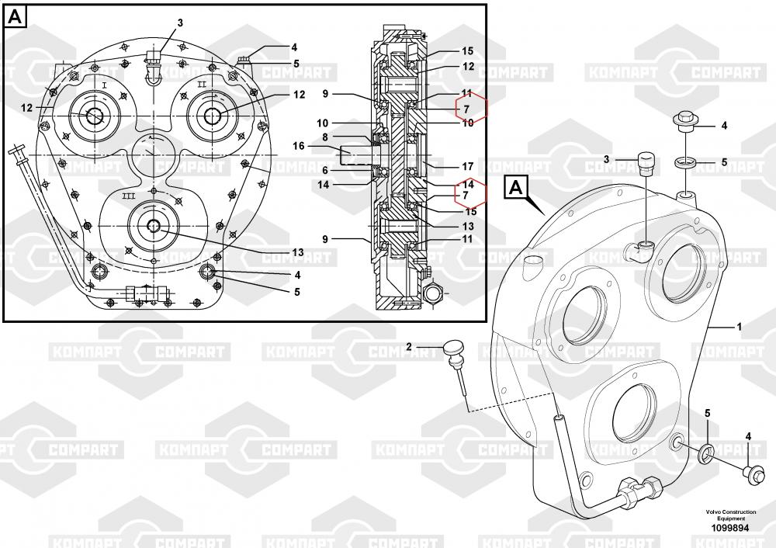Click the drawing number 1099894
730,528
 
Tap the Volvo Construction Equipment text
730,515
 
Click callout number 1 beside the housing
740,327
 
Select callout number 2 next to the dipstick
409,346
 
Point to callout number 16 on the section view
299,146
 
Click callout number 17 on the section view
468,167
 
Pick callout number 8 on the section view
325,137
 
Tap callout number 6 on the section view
325,170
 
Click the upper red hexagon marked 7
472,109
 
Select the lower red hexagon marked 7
471,195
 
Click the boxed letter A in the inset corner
16,17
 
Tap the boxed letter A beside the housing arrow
516,188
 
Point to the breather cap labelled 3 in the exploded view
646,164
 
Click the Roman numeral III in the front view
129,196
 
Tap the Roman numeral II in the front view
202,85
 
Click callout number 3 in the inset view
180,23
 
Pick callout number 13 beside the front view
297,252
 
